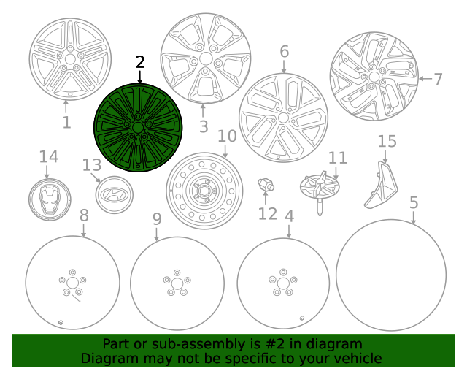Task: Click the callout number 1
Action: (66, 122)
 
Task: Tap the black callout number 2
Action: (139, 63)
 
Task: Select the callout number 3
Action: (204, 127)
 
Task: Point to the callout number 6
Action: (284, 51)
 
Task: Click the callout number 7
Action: (438, 79)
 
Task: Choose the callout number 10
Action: (227, 136)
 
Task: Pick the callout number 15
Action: (387, 141)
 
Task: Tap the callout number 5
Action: (414, 202)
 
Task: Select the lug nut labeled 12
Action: (266, 185)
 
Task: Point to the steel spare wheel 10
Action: (204, 191)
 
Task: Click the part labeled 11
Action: (320, 186)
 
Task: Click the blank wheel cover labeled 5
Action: (391, 273)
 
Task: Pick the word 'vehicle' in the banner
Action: (356, 358)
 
